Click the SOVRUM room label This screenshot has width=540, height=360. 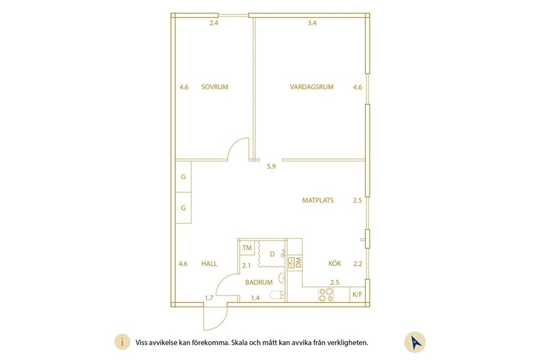coord(215,87)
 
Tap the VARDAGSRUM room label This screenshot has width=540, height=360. coord(311,87)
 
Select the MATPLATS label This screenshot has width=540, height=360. coord(318,200)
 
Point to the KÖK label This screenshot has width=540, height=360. coord(335,263)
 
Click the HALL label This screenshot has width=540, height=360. coord(209,263)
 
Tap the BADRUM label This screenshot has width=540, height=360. coord(259,282)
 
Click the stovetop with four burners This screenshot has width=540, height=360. coord(326,295)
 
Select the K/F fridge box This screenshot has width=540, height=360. coord(358,295)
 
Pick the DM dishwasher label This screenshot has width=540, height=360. coord(298,263)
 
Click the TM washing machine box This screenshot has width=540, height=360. coord(247,248)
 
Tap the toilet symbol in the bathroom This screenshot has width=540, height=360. coord(277,295)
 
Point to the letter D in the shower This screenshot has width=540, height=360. coord(272,254)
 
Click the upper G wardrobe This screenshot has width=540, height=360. coord(183,177)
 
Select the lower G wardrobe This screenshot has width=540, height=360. coord(183,208)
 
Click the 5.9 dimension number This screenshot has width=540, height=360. coord(271,166)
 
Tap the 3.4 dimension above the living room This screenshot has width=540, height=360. coord(312,23)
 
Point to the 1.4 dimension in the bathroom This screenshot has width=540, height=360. coord(255,298)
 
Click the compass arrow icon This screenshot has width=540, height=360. coord(415,342)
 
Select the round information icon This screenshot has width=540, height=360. coord(122,342)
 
